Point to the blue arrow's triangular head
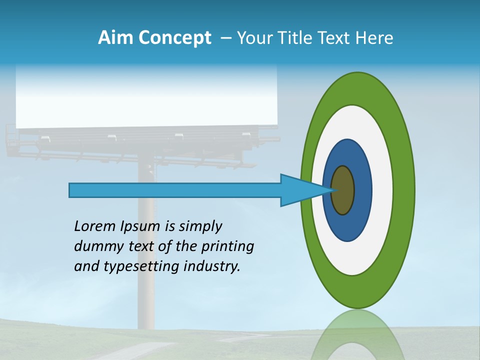[x=300, y=190]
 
